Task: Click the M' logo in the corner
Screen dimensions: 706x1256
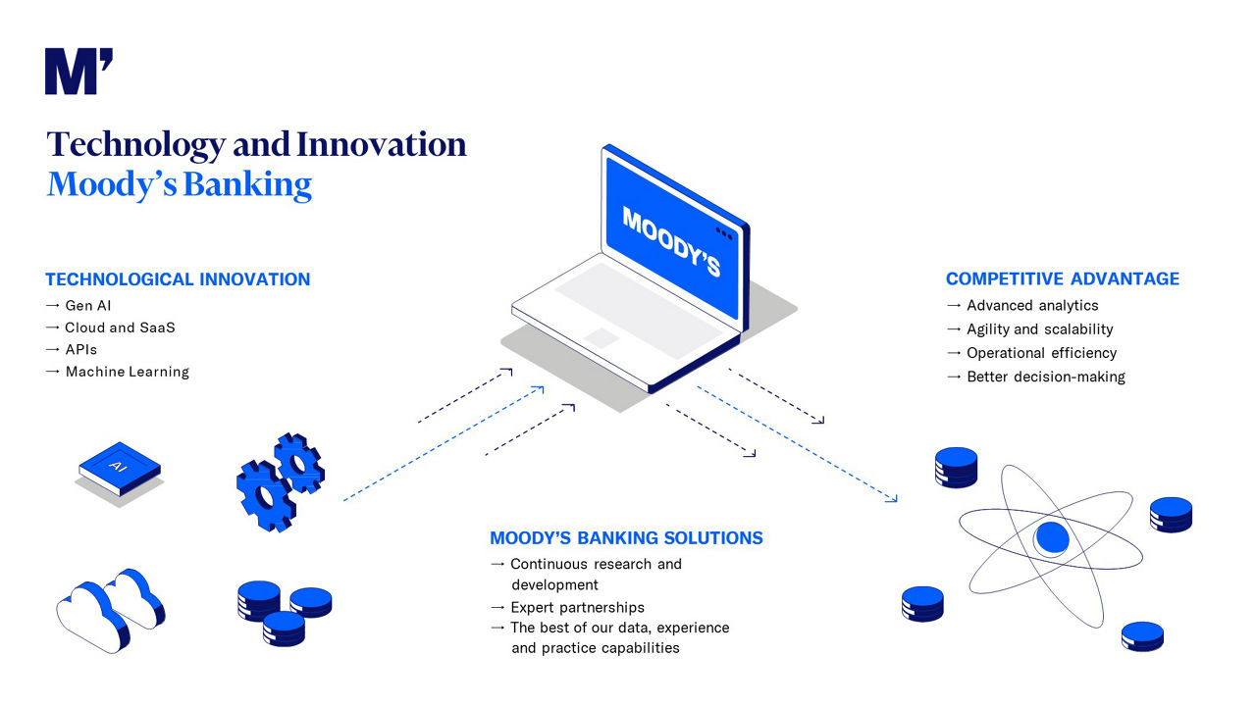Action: (78, 72)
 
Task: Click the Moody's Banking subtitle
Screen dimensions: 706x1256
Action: (180, 184)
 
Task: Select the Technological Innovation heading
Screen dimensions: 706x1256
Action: (178, 279)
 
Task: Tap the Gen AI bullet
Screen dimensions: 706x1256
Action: (87, 306)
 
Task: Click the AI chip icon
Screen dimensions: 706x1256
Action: (119, 465)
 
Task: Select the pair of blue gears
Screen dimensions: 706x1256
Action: (280, 481)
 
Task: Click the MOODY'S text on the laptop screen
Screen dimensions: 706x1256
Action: (671, 241)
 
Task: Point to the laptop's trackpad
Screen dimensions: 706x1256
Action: (602, 337)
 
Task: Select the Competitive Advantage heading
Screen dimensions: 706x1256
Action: (1063, 279)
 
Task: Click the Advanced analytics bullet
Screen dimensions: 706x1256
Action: (1032, 306)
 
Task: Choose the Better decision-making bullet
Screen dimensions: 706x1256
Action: (1045, 377)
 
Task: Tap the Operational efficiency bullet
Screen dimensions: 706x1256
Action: (1041, 353)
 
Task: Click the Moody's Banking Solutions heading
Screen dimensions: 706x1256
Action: (626, 538)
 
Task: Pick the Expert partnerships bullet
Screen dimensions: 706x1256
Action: (577, 607)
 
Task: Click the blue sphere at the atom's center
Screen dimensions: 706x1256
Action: (1051, 537)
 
